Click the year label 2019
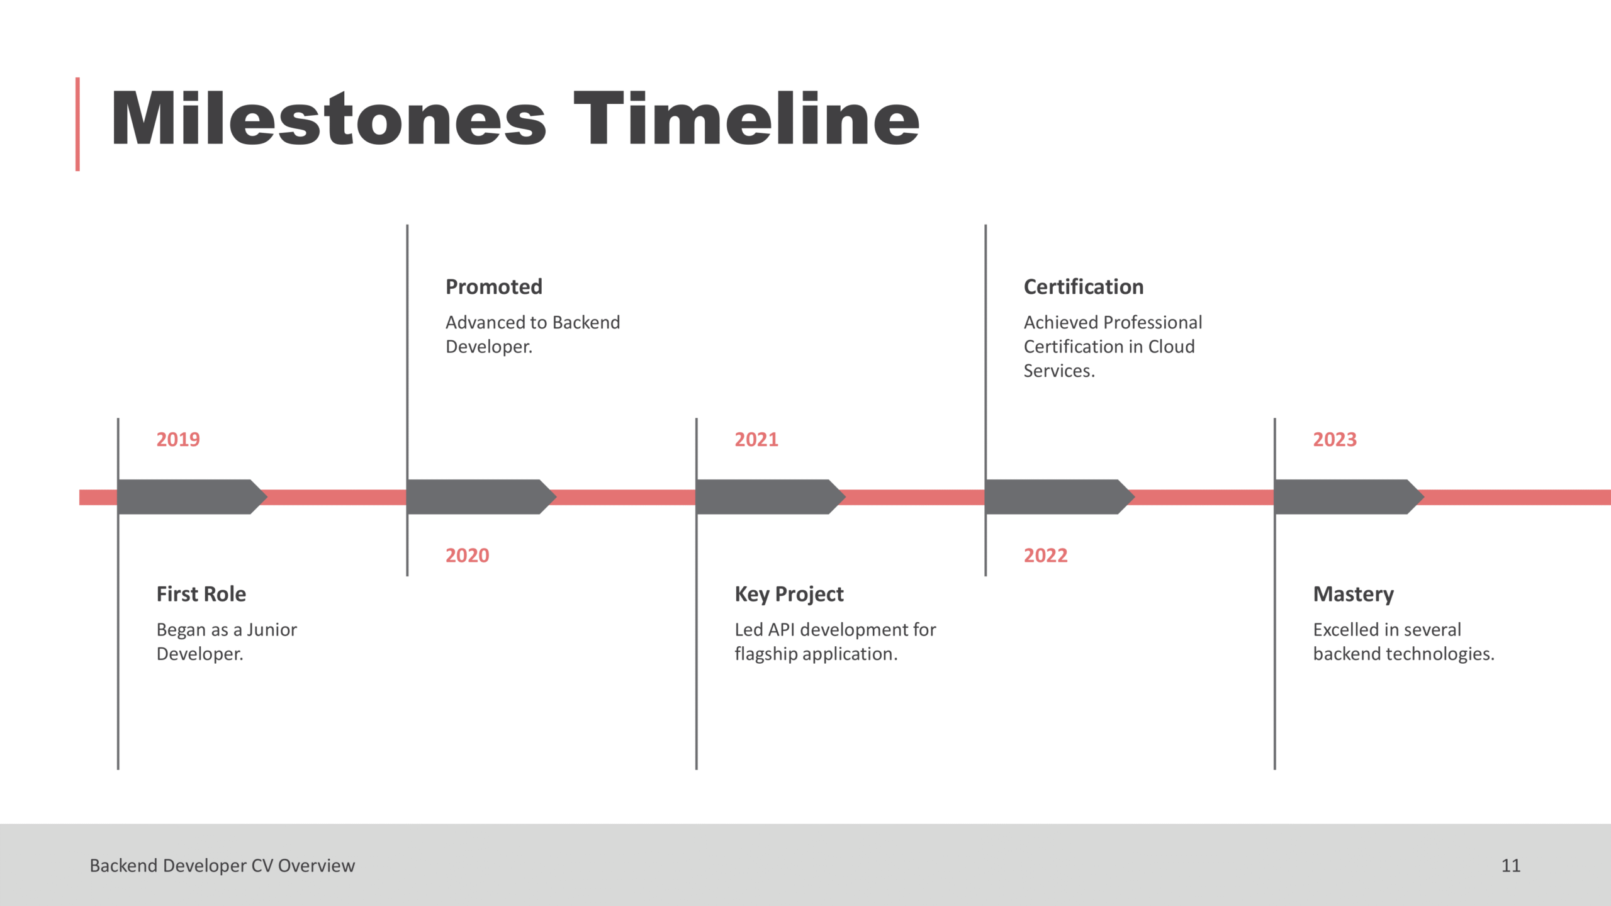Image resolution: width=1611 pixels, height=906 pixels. [178, 439]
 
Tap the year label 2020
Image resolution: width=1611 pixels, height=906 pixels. [467, 556]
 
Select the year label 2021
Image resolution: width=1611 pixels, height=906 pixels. [756, 439]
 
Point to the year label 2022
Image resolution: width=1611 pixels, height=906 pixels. [1045, 556]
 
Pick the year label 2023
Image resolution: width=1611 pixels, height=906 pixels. [1335, 439]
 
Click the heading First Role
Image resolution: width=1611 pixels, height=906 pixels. [201, 594]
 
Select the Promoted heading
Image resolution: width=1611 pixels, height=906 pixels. [494, 287]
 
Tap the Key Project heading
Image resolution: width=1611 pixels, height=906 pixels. [789, 595]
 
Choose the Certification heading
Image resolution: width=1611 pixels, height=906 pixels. [1084, 287]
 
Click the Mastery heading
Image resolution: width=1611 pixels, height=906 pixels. [1354, 595]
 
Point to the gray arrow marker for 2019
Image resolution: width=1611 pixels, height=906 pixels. [192, 497]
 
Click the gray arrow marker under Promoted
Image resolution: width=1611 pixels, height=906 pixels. [481, 497]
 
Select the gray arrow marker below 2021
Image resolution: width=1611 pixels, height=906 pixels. [771, 497]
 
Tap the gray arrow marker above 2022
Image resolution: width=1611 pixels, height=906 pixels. [1060, 497]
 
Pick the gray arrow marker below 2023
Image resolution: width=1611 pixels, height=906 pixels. [1349, 497]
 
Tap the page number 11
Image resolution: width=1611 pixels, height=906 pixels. [1511, 866]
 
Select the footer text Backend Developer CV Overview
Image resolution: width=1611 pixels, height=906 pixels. [222, 866]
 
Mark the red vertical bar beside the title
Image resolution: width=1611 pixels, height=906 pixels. [77, 124]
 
